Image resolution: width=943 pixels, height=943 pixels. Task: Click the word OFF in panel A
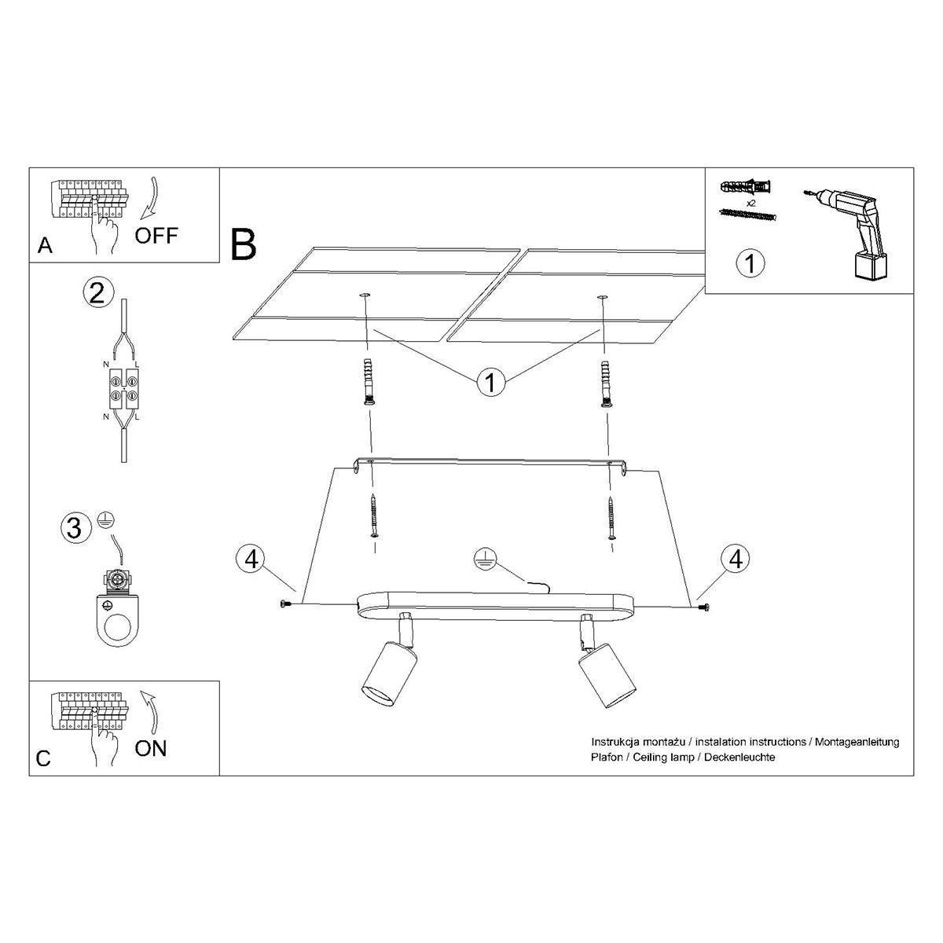coord(156,235)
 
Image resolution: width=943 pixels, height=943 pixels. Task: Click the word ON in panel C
coord(151,747)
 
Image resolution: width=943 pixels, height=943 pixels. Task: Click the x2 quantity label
coord(750,203)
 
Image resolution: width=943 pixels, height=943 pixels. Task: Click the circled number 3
coord(74,527)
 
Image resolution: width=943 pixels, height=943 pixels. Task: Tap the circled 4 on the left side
coord(251,559)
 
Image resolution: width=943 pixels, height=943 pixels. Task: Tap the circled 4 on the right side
coord(736,559)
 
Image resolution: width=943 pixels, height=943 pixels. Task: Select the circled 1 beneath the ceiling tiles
coord(490,383)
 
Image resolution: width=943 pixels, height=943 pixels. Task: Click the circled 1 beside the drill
coord(750,262)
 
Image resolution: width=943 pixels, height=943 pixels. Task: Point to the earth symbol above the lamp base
coord(485,559)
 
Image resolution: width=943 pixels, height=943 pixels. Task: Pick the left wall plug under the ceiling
coord(366,382)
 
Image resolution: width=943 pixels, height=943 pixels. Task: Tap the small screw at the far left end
coord(284,604)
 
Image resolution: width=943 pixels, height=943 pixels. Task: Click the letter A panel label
coord(45,247)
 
